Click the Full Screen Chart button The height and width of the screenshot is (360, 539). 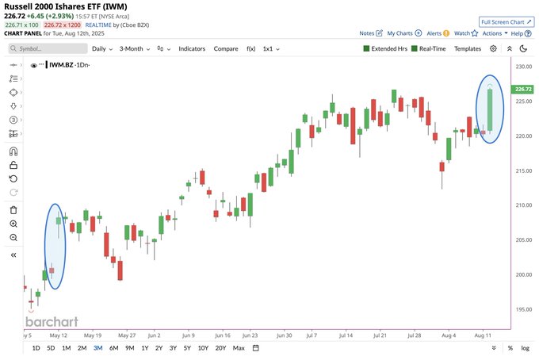(507, 22)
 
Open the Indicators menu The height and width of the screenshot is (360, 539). (192, 49)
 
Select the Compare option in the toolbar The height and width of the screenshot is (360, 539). (226, 49)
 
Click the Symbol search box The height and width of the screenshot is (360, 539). (48, 48)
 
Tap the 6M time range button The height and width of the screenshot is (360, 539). (114, 348)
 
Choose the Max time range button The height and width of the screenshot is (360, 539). (239, 348)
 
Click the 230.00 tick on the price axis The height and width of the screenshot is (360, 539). (524, 67)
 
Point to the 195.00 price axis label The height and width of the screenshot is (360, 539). (524, 309)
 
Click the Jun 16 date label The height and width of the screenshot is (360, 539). (223, 335)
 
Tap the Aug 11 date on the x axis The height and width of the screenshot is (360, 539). (483, 335)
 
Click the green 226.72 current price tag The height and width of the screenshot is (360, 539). (523, 90)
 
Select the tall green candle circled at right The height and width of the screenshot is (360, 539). (490, 109)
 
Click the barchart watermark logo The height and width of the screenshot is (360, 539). (52, 322)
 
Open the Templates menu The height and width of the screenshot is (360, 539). (468, 49)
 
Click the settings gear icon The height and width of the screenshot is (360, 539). (493, 48)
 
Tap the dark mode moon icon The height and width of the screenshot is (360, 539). (523, 48)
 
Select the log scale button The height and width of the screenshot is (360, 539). (525, 348)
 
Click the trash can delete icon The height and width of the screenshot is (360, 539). (13, 210)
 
